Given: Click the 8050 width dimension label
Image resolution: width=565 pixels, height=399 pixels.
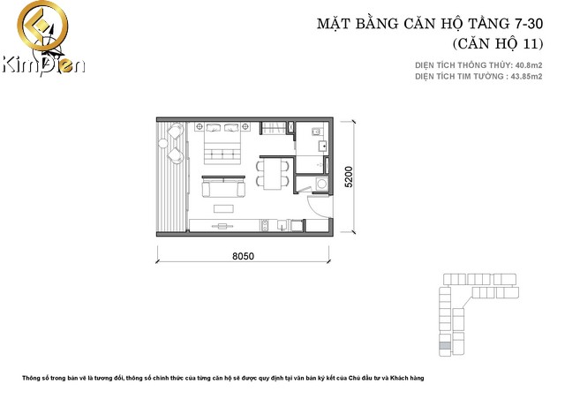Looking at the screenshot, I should coord(244,257).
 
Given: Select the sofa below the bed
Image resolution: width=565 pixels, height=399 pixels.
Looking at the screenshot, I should coord(224,187).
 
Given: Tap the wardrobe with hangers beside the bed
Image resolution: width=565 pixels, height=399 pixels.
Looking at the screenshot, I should coord(278,127).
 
